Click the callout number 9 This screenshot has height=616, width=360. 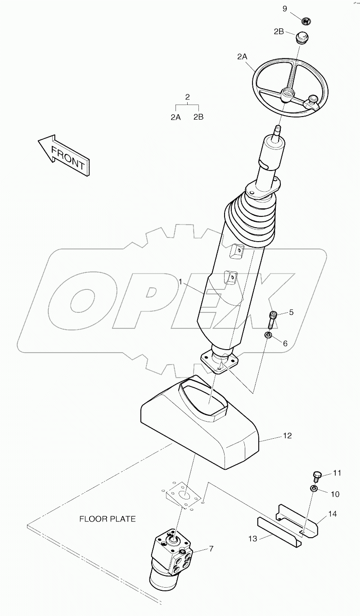[285, 9]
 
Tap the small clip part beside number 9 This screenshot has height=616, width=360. [306, 20]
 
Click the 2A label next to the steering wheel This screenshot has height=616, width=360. [242, 57]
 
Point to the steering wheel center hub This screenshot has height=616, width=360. [286, 95]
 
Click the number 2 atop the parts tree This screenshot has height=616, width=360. [187, 97]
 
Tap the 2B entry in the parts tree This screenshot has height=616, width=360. [198, 117]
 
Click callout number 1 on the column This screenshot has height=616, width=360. [180, 282]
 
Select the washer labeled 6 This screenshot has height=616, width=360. [268, 336]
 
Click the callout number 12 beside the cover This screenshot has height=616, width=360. [287, 436]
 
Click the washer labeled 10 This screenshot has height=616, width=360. [314, 489]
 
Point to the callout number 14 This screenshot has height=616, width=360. [333, 514]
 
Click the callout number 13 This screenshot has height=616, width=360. [252, 539]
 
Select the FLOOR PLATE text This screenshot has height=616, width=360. [108, 519]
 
